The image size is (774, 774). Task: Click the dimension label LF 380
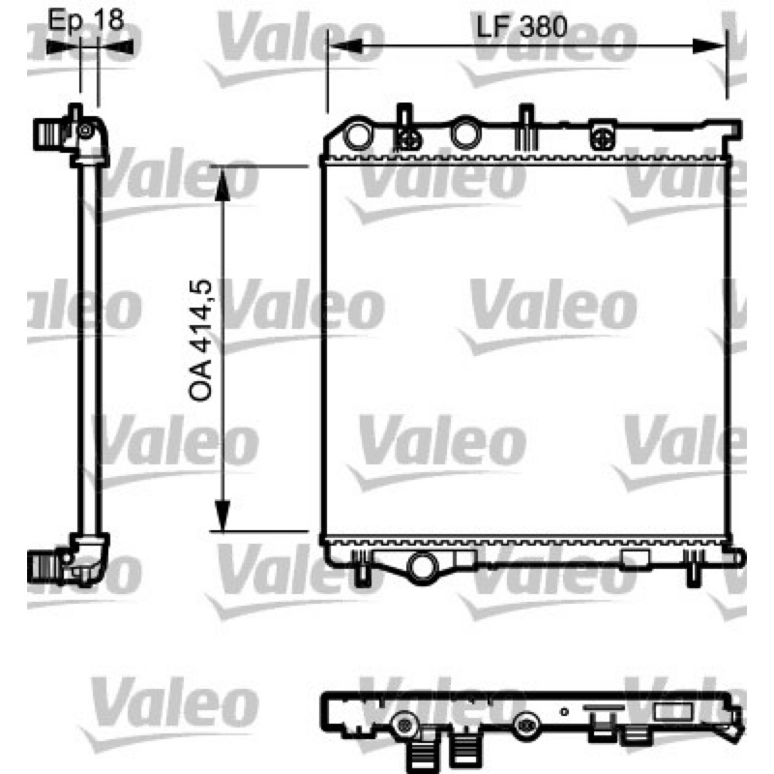pyautogui.click(x=521, y=27)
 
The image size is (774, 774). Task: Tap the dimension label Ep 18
pyautogui.click(x=85, y=20)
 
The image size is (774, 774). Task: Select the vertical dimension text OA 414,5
pyautogui.click(x=200, y=340)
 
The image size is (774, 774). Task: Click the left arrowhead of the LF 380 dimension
pyautogui.click(x=345, y=46)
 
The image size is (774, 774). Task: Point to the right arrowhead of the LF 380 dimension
pyautogui.click(x=709, y=46)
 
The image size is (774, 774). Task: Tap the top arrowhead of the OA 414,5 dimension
pyautogui.click(x=223, y=183)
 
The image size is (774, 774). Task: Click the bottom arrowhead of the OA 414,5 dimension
pyautogui.click(x=223, y=516)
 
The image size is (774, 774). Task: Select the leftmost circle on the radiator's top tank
pyautogui.click(x=357, y=134)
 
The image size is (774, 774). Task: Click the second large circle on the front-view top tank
pyautogui.click(x=464, y=133)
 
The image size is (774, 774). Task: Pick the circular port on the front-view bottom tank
pyautogui.click(x=423, y=566)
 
